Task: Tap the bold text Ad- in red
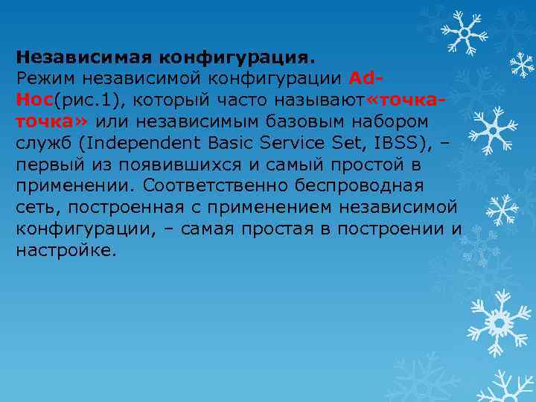pyautogui.click(x=366, y=77)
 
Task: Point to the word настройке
pyautogui.click(x=66, y=250)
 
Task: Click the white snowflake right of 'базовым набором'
pyautogui.click(x=494, y=127)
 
